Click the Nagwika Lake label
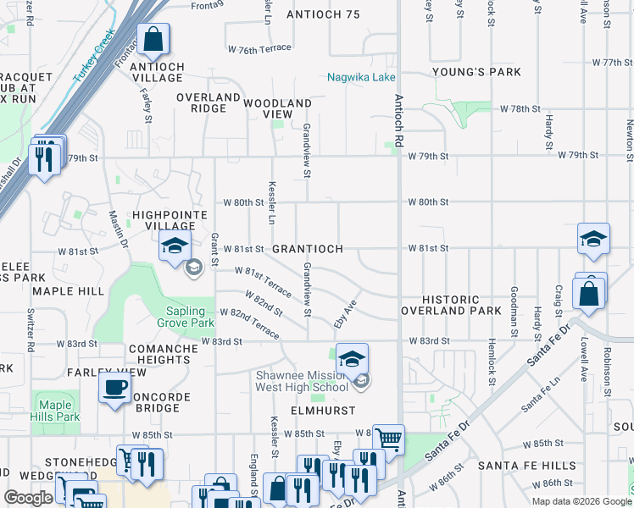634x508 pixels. [x=361, y=78]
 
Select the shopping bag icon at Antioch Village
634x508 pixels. [x=153, y=39]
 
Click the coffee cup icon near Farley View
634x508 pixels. [x=114, y=388]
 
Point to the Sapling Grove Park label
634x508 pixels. [x=185, y=317]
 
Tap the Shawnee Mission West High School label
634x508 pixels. [x=303, y=381]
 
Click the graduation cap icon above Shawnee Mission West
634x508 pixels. [x=352, y=359]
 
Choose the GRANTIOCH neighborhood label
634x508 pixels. [x=308, y=249]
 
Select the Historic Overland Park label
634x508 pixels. [x=452, y=306]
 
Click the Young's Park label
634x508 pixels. [x=475, y=72]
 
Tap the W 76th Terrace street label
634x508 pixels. [x=259, y=50]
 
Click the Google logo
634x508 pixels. [x=29, y=498]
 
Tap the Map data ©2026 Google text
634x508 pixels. [x=581, y=501]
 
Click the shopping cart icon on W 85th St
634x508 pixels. [x=387, y=439]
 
